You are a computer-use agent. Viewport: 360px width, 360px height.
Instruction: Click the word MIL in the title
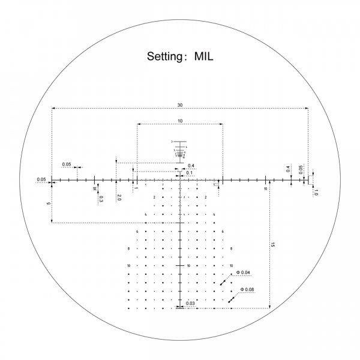(203, 58)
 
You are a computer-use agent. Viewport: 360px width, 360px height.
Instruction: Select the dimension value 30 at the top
(180, 105)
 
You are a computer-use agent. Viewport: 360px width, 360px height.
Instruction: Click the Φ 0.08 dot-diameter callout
(247, 290)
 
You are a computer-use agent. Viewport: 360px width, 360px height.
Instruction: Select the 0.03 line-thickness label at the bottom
(190, 304)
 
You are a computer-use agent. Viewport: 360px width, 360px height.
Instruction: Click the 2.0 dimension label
(119, 197)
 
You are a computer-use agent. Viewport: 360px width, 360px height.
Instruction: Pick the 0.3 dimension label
(100, 199)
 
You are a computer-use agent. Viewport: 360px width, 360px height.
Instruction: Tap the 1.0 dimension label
(316, 192)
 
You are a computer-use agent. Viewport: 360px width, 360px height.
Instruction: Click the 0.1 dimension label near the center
(190, 173)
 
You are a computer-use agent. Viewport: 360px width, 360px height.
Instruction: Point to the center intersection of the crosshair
(180, 179)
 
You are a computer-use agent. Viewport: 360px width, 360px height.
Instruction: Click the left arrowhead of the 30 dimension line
(54, 109)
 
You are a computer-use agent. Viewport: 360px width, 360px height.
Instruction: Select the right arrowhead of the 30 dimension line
(306, 109)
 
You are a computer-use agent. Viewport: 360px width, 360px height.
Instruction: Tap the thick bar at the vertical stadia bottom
(180, 307)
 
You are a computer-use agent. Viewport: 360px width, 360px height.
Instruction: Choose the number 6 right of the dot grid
(223, 231)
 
